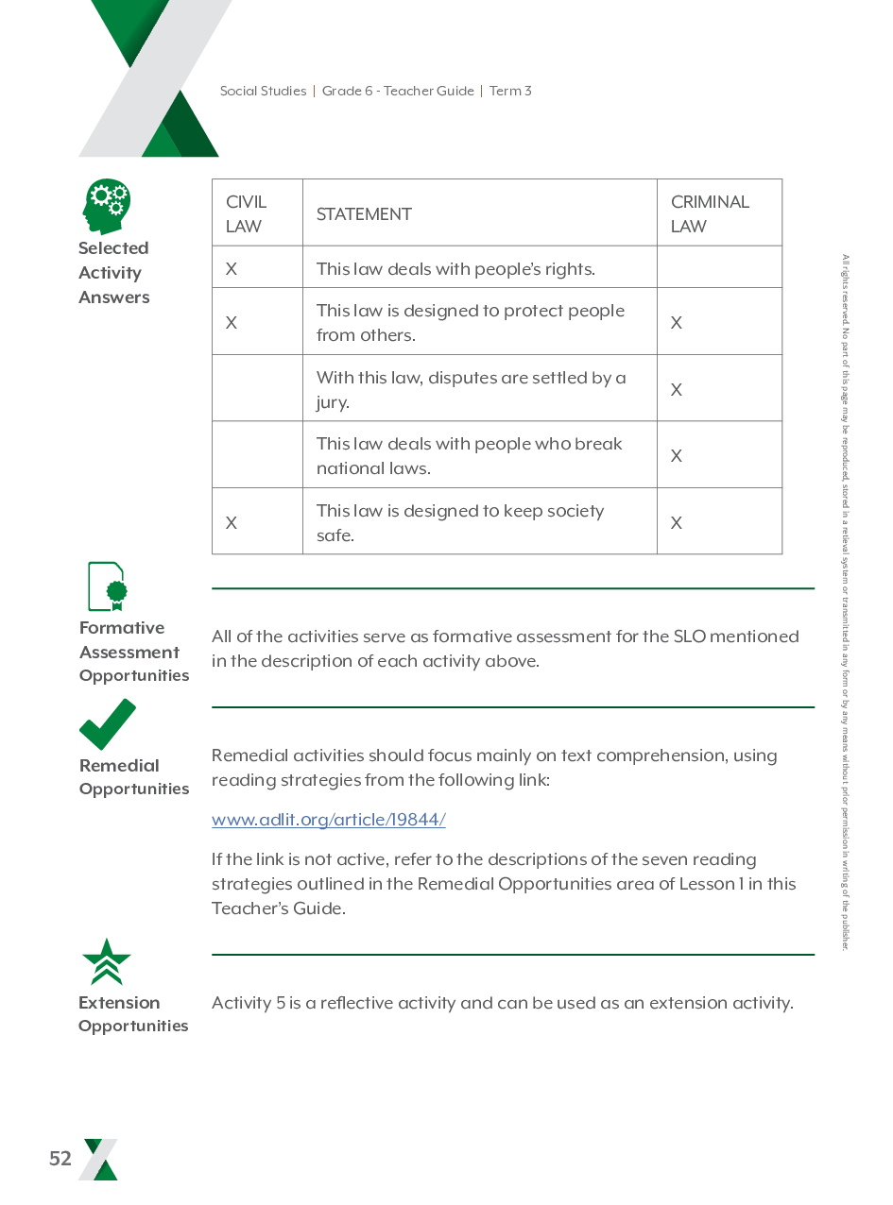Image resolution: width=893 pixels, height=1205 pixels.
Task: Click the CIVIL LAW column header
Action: (247, 213)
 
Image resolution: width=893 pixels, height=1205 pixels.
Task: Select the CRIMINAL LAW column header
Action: (710, 213)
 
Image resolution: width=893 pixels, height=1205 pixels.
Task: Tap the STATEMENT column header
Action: (364, 214)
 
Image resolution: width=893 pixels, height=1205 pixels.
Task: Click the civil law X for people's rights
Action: (232, 269)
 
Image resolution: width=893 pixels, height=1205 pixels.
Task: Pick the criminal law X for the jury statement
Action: (677, 389)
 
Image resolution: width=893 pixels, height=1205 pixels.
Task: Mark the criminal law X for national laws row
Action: (677, 455)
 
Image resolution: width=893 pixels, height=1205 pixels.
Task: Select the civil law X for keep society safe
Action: (232, 522)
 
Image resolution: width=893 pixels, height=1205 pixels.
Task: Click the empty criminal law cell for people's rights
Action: (719, 268)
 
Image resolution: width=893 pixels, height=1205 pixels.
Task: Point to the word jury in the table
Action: (333, 403)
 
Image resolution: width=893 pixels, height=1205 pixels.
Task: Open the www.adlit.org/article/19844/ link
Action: (328, 820)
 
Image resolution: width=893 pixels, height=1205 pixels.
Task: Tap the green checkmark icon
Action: (107, 724)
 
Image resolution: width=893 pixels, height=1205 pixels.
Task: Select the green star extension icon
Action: (107, 962)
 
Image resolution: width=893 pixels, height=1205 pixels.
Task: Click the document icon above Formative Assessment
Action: (107, 587)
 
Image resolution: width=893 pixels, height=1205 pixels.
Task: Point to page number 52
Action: (60, 1159)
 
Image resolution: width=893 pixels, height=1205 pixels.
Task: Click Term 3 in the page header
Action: (510, 92)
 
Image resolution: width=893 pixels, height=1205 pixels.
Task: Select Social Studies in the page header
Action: (263, 92)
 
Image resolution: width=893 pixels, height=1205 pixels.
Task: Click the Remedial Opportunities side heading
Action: (134, 776)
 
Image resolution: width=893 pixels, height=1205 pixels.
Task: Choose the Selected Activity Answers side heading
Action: (113, 273)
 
